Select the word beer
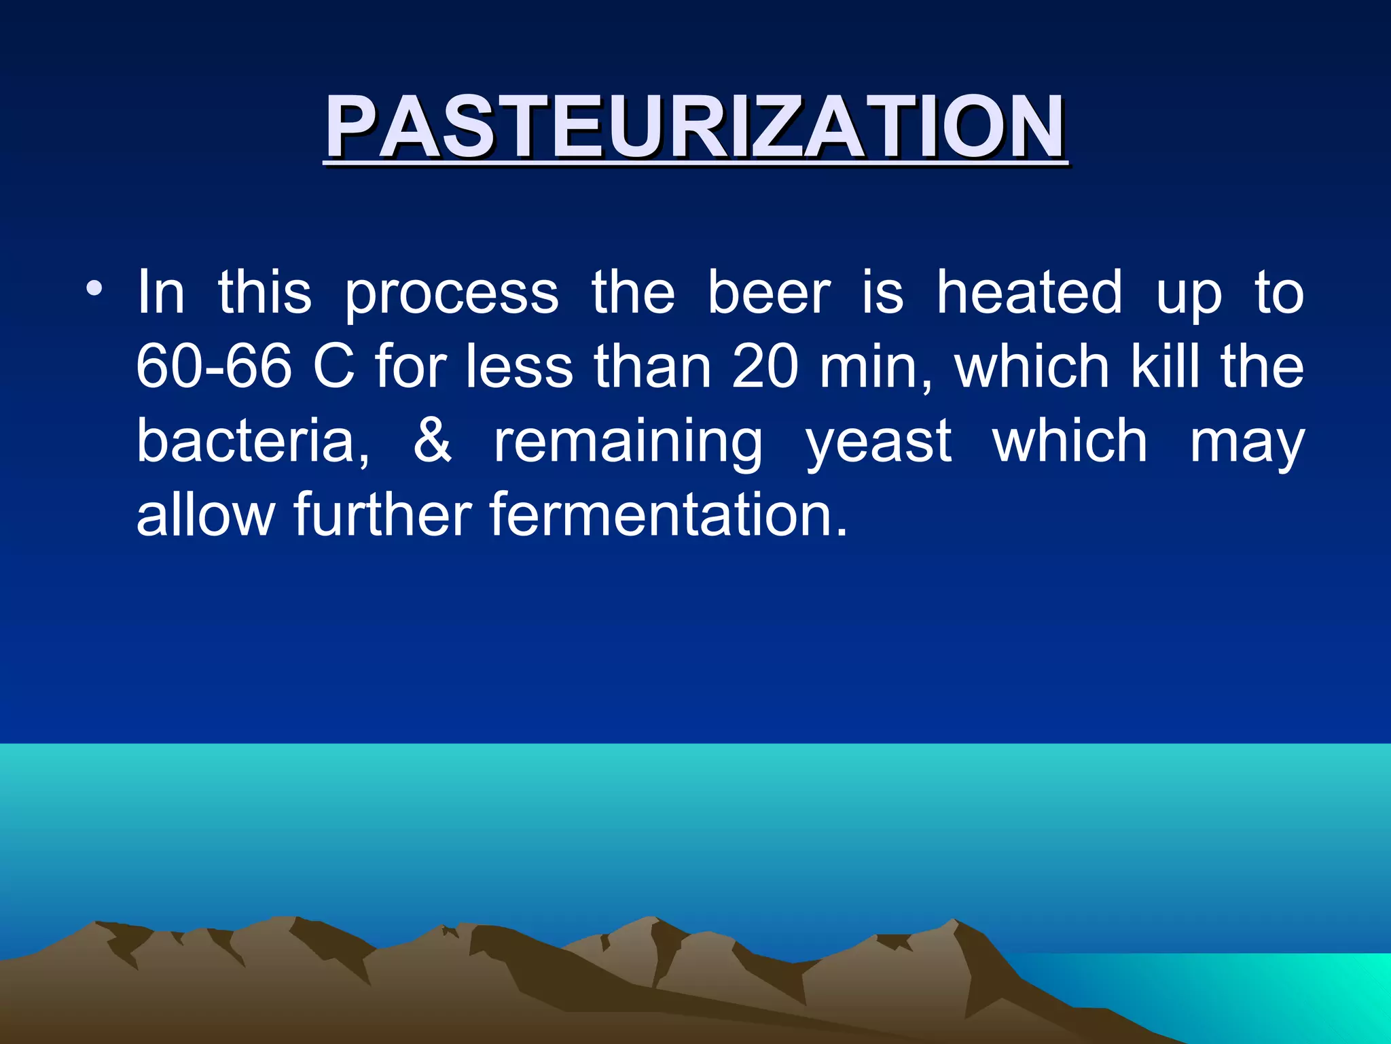point(769,293)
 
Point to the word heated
point(1029,293)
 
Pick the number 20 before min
point(765,367)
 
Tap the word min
point(876,367)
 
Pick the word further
point(382,515)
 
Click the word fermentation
point(668,515)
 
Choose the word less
point(520,367)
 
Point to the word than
point(653,367)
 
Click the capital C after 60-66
point(333,367)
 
